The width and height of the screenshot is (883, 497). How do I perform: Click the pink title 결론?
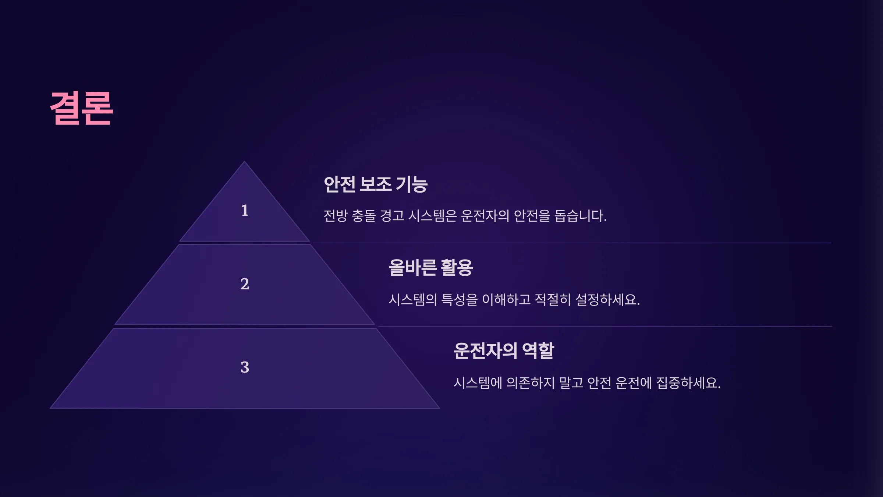81,108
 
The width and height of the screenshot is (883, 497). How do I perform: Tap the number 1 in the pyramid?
245,211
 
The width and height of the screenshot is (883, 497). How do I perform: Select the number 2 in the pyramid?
245,284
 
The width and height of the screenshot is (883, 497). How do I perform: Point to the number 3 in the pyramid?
245,367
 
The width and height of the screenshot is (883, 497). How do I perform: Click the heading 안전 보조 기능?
376,184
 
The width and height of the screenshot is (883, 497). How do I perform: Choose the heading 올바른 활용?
431,268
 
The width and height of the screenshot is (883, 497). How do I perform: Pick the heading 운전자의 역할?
504,351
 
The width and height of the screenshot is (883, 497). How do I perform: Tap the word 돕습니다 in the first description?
581,216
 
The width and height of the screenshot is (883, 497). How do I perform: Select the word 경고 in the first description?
392,216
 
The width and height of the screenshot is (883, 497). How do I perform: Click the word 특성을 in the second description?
459,300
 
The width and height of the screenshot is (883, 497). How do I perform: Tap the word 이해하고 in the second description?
506,300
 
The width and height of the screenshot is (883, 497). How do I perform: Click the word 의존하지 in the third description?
531,383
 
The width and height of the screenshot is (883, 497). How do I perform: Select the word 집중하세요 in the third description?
688,383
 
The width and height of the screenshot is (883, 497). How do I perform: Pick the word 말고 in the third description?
571,383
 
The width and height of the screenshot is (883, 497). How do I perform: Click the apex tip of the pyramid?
244,161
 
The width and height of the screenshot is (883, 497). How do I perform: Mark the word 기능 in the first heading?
412,184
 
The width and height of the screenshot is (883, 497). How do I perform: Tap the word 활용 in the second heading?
457,268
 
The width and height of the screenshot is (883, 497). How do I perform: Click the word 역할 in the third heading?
538,351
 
